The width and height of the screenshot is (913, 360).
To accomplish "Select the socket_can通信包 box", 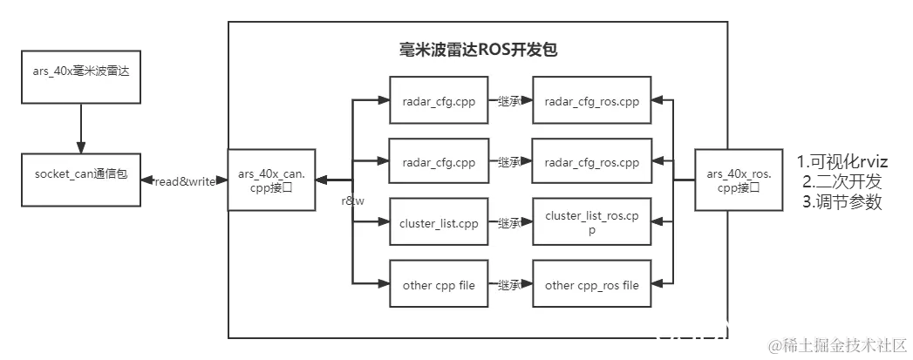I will [81, 174].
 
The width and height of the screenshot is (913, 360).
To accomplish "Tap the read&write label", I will [184, 180].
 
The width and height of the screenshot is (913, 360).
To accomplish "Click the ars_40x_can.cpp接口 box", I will [271, 180].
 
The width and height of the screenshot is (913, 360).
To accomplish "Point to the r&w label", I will [352, 200].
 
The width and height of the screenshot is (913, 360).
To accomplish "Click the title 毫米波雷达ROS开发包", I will [477, 50].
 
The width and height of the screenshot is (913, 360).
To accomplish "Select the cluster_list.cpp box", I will [439, 223].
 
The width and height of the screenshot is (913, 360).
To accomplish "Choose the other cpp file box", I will [439, 285].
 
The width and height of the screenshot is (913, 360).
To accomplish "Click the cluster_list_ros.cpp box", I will [591, 223].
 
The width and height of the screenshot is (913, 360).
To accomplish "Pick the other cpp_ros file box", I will [591, 285].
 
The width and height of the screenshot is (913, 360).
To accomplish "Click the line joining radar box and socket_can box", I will [79, 123].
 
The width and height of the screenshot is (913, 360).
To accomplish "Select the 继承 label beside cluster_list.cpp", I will [508, 223].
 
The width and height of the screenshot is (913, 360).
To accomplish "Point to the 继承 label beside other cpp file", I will [508, 285].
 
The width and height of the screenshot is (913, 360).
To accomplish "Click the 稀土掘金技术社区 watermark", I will [836, 345].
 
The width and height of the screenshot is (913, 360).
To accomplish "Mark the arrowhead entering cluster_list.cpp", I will [383, 223].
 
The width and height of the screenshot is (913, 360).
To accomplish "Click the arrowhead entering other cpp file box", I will [383, 284].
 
